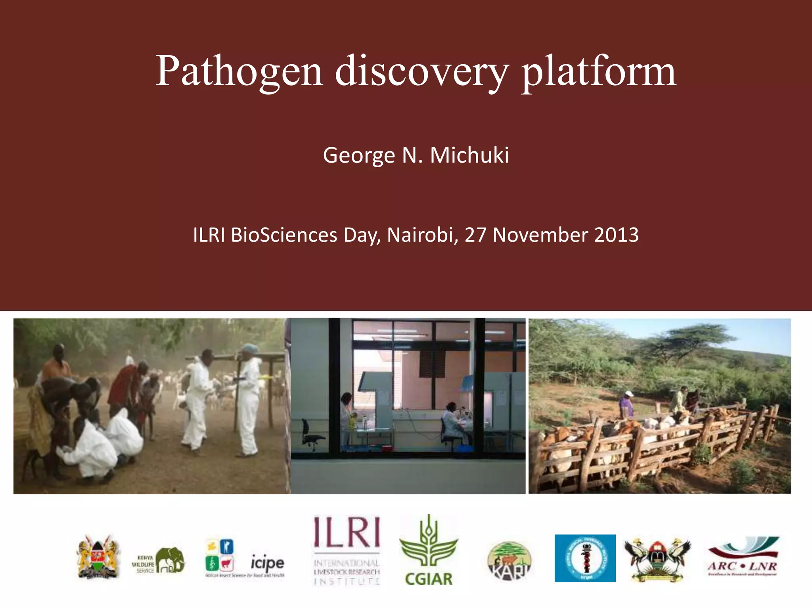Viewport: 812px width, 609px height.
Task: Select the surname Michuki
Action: click(x=469, y=155)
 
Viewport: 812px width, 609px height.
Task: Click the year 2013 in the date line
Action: click(x=617, y=235)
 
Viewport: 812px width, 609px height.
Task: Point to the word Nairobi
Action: click(x=420, y=235)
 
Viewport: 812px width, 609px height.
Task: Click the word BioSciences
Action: click(x=284, y=235)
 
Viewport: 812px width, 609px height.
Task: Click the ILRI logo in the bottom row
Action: click(x=347, y=550)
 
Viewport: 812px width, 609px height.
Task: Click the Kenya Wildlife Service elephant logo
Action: click(x=159, y=560)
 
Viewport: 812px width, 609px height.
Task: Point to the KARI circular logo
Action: click(x=509, y=561)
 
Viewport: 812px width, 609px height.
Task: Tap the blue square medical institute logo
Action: click(x=585, y=558)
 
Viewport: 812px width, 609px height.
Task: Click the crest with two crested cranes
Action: click(x=657, y=559)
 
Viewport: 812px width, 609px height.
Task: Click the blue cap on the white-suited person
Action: click(x=250, y=349)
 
